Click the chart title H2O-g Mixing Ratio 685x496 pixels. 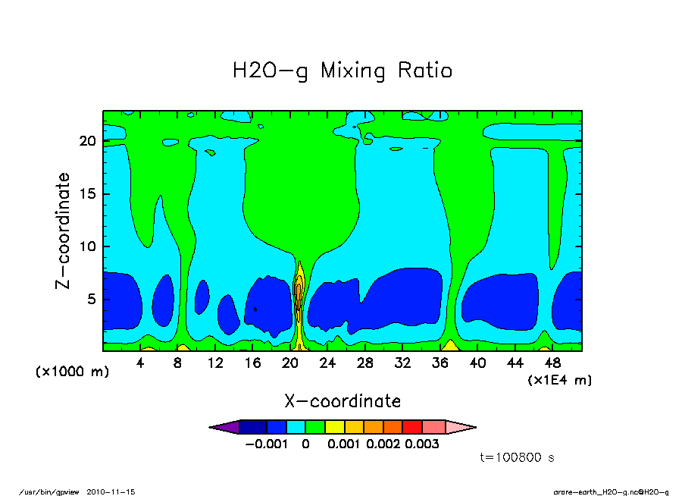342,71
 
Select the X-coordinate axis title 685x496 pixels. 342,400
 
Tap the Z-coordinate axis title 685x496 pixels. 64,231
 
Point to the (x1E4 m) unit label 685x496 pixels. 559,379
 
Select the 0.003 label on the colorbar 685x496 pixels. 422,444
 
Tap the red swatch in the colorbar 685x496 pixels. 412,427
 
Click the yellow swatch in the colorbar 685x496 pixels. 333,427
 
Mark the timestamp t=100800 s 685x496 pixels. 519,457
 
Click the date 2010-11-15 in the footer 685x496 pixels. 116,491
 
